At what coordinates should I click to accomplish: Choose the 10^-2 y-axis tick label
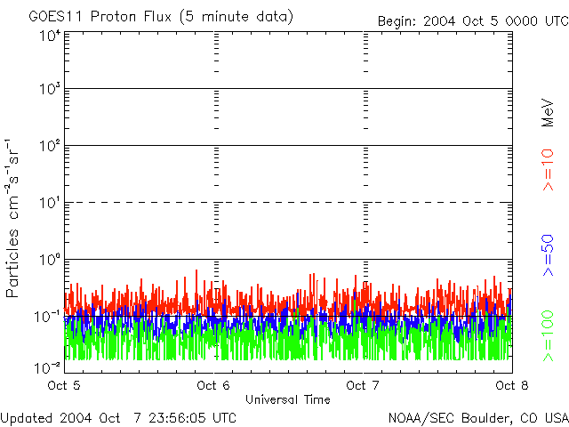coord(49,366)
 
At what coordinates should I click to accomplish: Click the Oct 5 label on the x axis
coord(64,385)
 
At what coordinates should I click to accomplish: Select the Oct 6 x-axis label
coord(213,385)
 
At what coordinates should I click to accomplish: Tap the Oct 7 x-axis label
coord(363,385)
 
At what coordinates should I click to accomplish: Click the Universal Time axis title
coord(287,399)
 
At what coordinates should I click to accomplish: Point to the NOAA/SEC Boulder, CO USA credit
coord(477,417)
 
